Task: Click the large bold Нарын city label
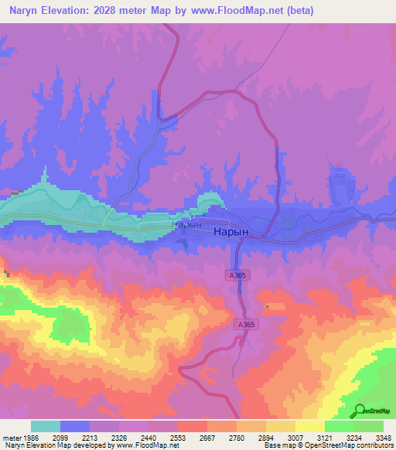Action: (x=231, y=231)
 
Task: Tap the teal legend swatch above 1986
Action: (x=46, y=426)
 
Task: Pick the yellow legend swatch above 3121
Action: (x=309, y=426)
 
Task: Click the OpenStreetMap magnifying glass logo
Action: (x=357, y=411)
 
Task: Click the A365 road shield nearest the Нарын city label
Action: (x=237, y=274)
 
